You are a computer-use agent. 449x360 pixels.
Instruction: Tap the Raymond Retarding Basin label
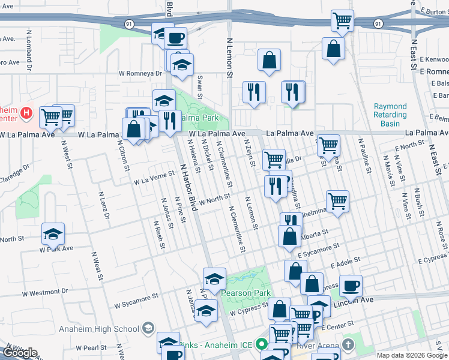click(x=390, y=115)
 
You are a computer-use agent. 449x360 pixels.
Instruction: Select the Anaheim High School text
click(x=99, y=329)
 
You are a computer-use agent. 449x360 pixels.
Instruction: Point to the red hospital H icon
click(x=26, y=112)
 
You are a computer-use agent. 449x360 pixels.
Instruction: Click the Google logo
click(x=20, y=353)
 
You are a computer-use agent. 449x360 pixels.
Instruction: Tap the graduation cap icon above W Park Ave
click(x=53, y=234)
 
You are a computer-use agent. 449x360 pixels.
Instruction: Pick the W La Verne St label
click(x=154, y=180)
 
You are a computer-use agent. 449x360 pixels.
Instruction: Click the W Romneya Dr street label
click(x=141, y=74)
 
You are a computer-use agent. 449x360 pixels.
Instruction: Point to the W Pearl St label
click(x=91, y=347)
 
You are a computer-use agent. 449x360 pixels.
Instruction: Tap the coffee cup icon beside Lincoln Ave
click(x=351, y=286)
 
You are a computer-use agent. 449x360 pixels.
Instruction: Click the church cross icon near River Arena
click(x=348, y=344)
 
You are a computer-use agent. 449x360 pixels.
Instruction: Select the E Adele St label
click(x=345, y=263)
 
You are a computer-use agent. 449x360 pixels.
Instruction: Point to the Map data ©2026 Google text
click(x=412, y=355)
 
